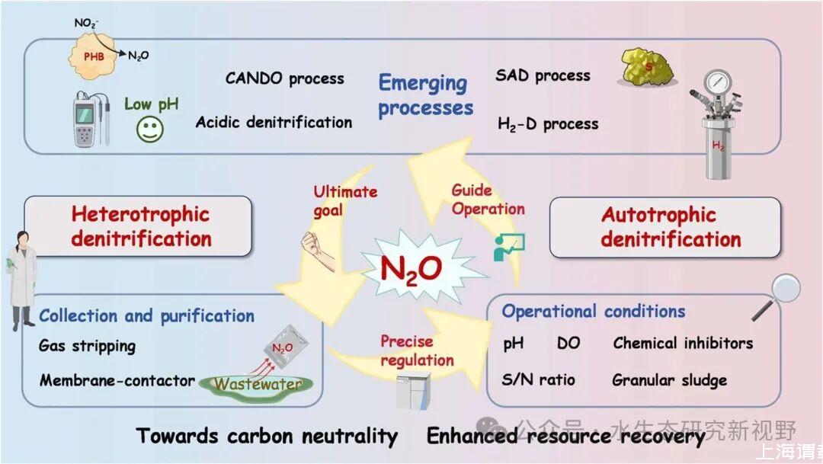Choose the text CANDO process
pos(284,78)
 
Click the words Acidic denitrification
pos(274,122)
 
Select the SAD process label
pos(543,75)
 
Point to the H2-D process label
pos(548,123)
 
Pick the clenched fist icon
pos(315,246)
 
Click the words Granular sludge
pos(669,379)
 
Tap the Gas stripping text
pos(87,346)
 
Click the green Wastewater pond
pos(256,383)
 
